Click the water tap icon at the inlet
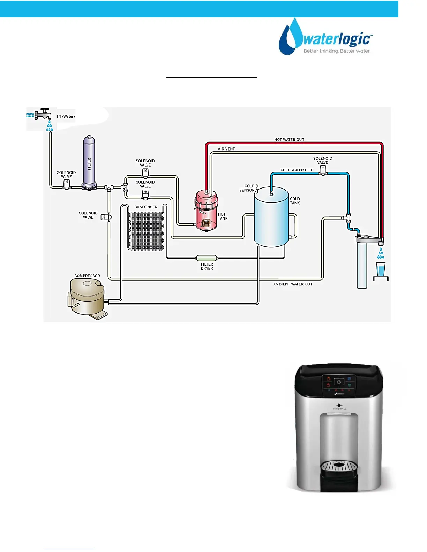click(x=43, y=114)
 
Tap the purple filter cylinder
click(x=89, y=162)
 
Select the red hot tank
click(x=207, y=210)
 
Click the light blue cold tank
click(x=271, y=218)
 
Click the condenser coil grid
click(x=147, y=231)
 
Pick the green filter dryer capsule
click(x=207, y=258)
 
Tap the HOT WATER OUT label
click(x=289, y=140)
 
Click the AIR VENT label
click(x=226, y=149)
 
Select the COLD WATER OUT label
click(x=297, y=170)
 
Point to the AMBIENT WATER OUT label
click(x=292, y=284)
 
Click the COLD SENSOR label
click(x=247, y=188)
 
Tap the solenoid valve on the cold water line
click(x=323, y=170)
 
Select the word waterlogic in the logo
click(x=336, y=39)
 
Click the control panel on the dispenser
click(x=339, y=385)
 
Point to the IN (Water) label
click(x=66, y=116)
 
